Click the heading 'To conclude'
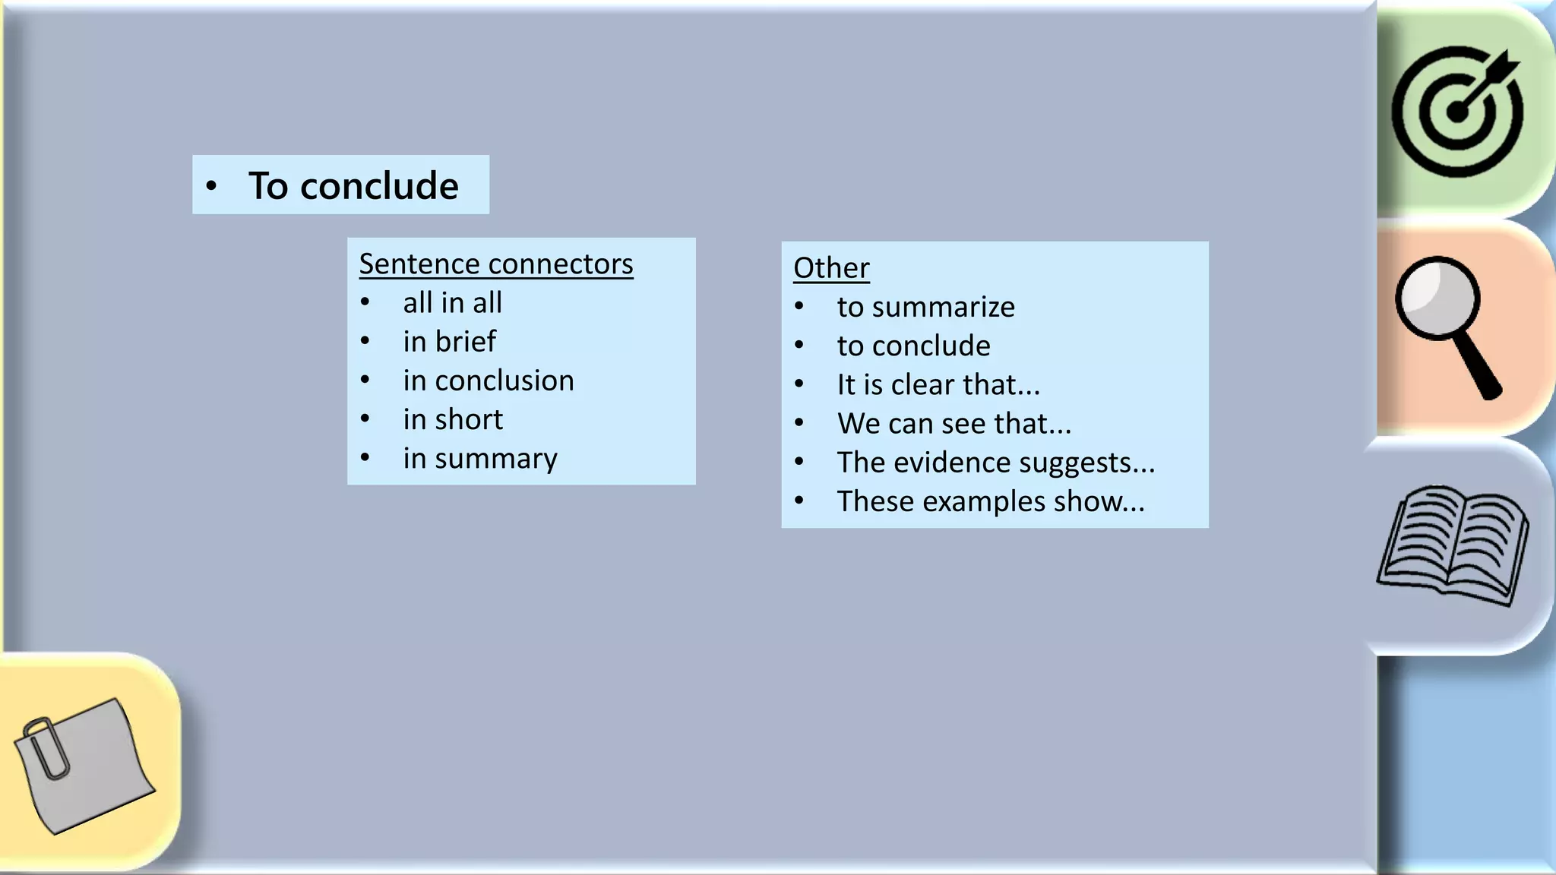click(353, 186)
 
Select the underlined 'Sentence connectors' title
click(495, 264)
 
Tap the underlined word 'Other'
click(831, 268)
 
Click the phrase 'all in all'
click(452, 303)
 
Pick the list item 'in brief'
click(449, 342)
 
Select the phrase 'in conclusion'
click(489, 381)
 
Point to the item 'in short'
click(453, 419)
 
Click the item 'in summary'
click(480, 459)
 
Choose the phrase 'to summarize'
click(925, 307)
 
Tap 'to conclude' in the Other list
click(913, 346)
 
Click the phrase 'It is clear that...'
click(938, 384)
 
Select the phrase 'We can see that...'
click(954, 424)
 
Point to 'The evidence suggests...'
click(995, 463)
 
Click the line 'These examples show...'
click(990, 501)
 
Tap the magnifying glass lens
click(1436, 298)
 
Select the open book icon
click(1453, 545)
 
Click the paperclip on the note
click(46, 748)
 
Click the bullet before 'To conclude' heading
click(212, 186)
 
